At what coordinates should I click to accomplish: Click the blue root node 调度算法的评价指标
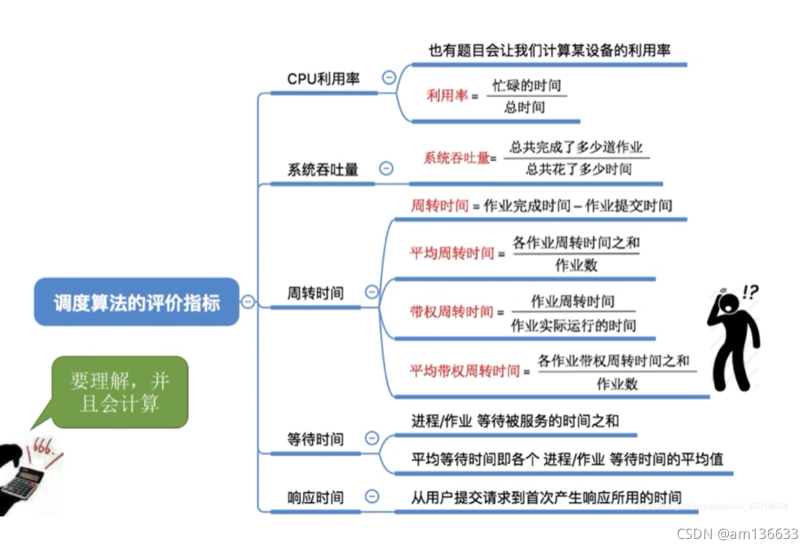pos(136,302)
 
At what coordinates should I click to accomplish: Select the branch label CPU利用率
pos(323,79)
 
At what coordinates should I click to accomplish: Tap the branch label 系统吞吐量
pos(323,170)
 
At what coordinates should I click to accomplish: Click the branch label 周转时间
pos(315,293)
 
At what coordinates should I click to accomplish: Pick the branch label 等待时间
pos(315,439)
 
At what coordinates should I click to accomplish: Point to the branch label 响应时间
pos(315,498)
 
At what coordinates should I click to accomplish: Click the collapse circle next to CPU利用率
pos(389,77)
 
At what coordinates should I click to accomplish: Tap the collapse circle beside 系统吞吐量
pos(386,168)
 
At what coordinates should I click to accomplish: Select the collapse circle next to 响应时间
pos(372,497)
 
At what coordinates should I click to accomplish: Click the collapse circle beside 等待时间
pos(372,438)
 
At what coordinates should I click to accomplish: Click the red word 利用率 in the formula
pos(447,95)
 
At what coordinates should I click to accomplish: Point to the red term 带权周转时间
pos(451,312)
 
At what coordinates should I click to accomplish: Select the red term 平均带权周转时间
pos(464,371)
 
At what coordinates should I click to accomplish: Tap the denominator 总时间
pos(525,108)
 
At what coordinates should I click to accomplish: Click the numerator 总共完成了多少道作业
pos(576,147)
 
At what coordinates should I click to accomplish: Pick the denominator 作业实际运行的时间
pos(573,325)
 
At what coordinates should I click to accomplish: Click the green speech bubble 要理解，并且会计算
pos(120,392)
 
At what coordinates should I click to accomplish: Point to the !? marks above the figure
pos(750,292)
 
